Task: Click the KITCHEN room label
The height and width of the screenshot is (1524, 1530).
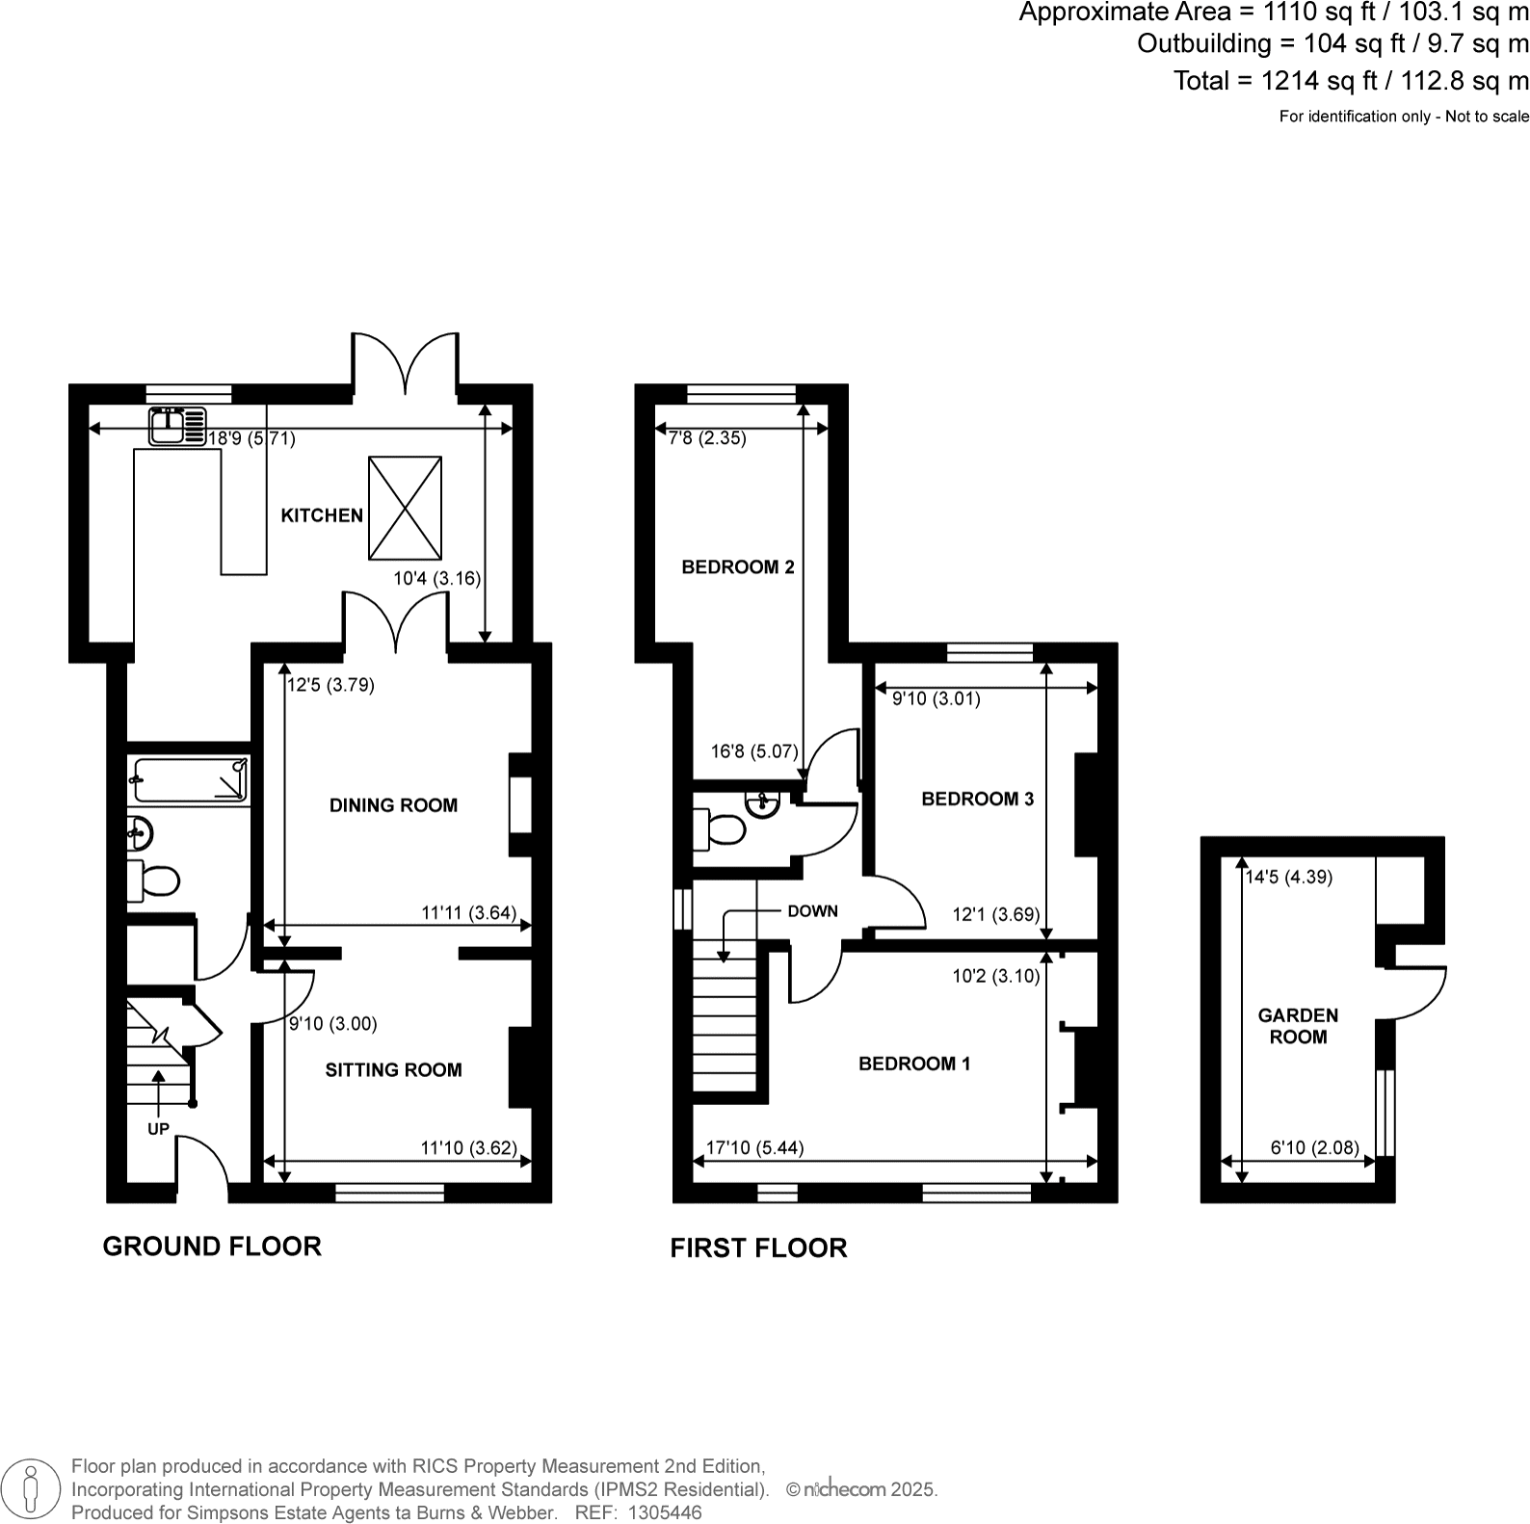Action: coord(322,515)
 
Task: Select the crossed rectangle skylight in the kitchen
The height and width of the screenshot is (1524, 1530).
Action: coord(405,508)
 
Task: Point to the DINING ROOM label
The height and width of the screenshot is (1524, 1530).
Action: coord(393,805)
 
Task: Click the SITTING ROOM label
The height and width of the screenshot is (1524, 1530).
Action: coord(393,1069)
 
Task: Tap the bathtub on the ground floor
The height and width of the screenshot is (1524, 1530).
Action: coord(191,780)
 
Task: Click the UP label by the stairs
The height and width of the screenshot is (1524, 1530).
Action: coord(158,1129)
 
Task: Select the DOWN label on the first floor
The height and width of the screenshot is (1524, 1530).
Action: coord(812,911)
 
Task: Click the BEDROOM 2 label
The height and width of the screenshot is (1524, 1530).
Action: coord(738,566)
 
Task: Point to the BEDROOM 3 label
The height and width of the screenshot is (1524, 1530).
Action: coord(977,799)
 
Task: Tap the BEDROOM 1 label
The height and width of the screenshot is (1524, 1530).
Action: coord(914,1064)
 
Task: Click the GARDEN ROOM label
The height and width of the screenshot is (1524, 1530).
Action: coord(1298,1026)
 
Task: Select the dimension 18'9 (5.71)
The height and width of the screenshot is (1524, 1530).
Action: coord(251,438)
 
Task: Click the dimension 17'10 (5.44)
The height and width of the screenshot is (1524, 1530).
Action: coord(754,1147)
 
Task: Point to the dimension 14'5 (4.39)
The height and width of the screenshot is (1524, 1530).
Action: coord(1288,877)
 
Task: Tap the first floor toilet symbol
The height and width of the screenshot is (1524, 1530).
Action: coord(720,828)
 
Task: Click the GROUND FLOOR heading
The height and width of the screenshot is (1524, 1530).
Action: coord(212,1247)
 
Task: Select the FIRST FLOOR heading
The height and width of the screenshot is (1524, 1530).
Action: coord(758,1248)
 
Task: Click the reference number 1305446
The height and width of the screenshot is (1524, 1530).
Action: coord(665,1512)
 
